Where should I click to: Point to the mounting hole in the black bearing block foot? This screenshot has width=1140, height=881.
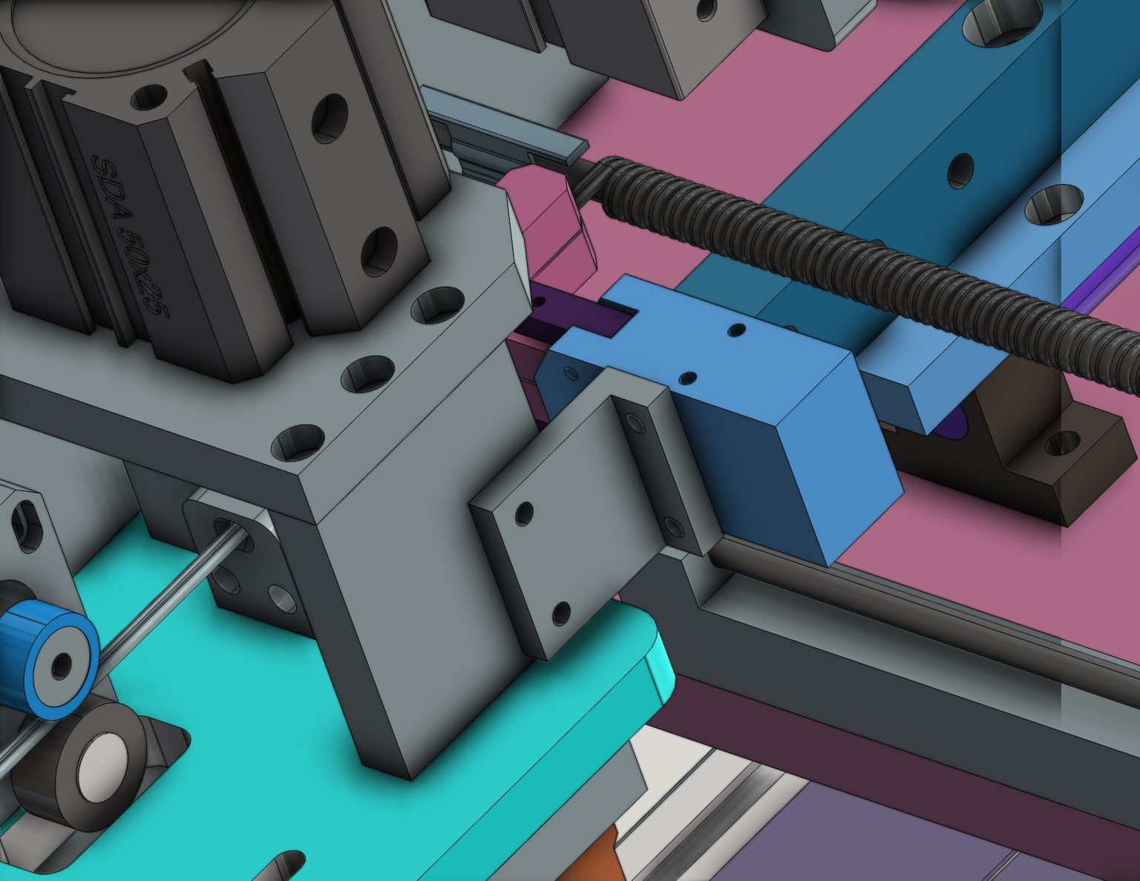(1063, 443)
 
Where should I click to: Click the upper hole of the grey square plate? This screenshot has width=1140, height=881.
(524, 511)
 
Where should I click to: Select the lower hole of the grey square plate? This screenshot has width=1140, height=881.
(562, 613)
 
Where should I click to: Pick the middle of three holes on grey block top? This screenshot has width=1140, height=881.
(369, 373)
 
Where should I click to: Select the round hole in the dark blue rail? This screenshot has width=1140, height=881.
(961, 170)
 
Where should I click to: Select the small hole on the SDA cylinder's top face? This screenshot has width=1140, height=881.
(149, 96)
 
